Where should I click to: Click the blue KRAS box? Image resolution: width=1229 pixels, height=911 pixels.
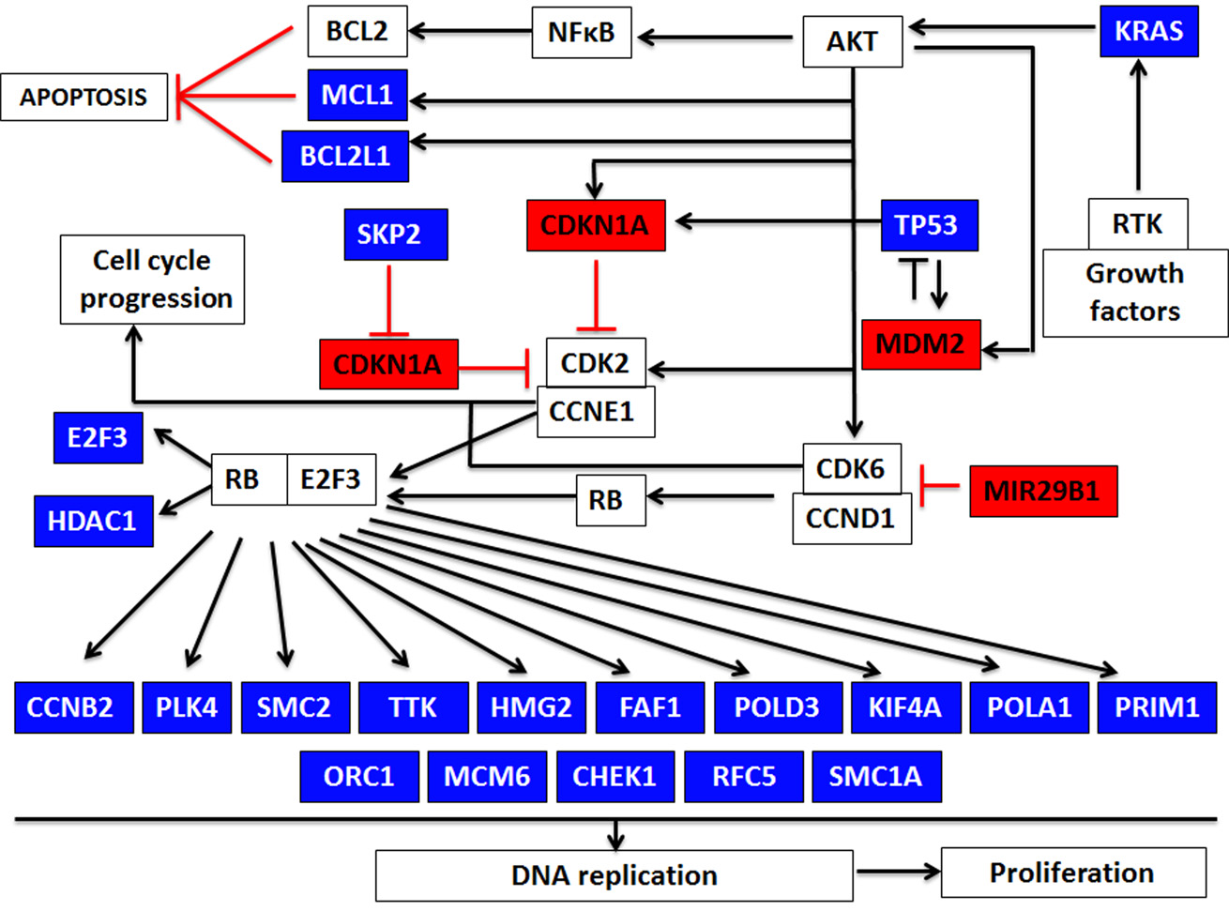(x=1149, y=32)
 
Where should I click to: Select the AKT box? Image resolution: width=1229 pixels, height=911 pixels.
(x=852, y=42)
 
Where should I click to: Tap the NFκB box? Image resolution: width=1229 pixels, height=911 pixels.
(x=582, y=33)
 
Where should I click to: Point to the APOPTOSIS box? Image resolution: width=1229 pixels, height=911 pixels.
(x=83, y=97)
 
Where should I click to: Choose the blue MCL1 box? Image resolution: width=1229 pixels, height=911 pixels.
(x=357, y=95)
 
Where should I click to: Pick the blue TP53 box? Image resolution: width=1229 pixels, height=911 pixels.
(x=929, y=225)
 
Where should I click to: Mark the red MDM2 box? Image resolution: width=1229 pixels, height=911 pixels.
(x=920, y=343)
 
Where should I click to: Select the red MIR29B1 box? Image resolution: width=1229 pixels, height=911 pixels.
(x=1043, y=491)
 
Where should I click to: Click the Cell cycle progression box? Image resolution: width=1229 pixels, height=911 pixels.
(x=152, y=280)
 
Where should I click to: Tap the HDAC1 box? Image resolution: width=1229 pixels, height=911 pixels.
(x=93, y=521)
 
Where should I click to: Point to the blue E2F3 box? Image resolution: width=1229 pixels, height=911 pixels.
(x=98, y=437)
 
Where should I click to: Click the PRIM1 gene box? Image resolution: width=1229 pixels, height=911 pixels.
(x=1157, y=706)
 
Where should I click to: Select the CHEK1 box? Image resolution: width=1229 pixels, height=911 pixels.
(x=614, y=777)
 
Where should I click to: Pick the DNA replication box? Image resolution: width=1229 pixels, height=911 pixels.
(x=614, y=875)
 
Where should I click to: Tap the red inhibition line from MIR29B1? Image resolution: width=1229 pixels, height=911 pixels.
(x=941, y=486)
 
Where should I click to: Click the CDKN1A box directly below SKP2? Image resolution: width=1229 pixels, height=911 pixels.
(x=388, y=364)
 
